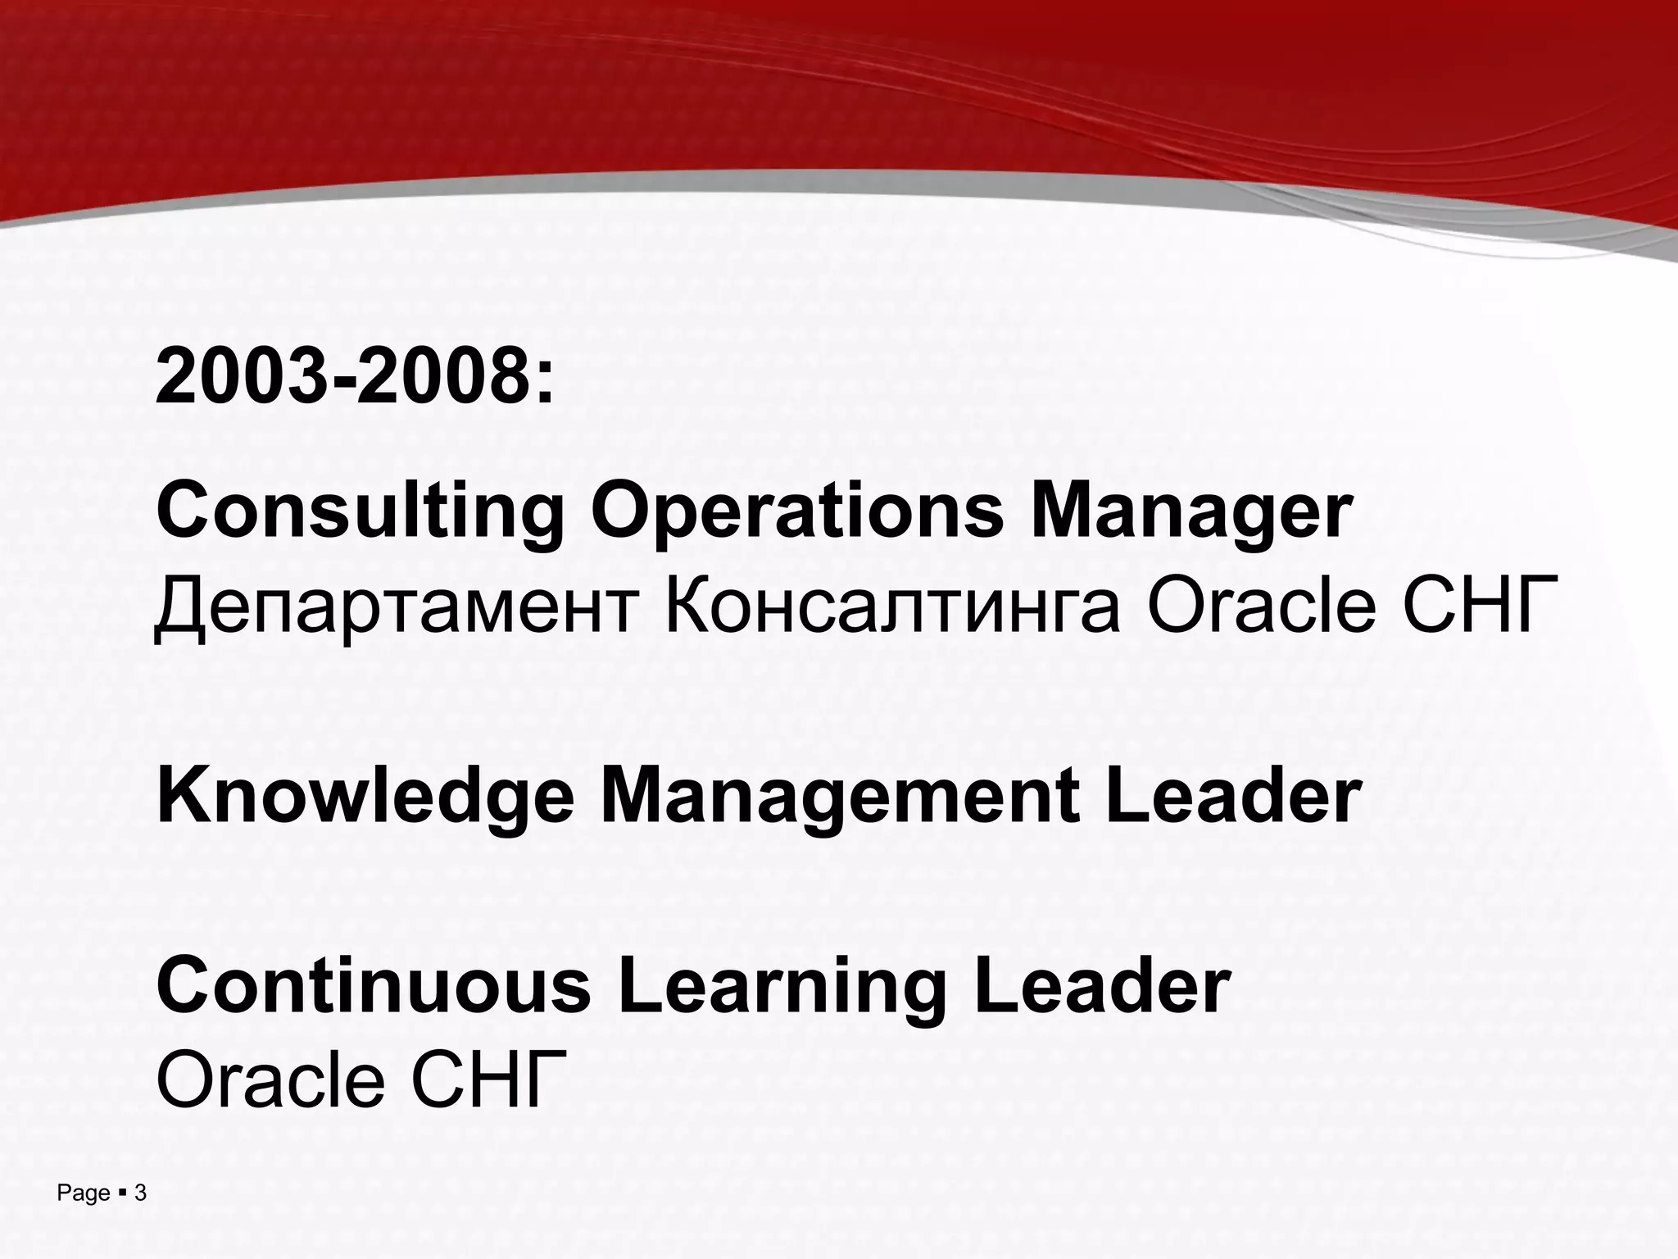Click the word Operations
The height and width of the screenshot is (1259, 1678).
point(796,512)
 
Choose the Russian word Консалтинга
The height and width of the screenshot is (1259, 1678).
point(891,608)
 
